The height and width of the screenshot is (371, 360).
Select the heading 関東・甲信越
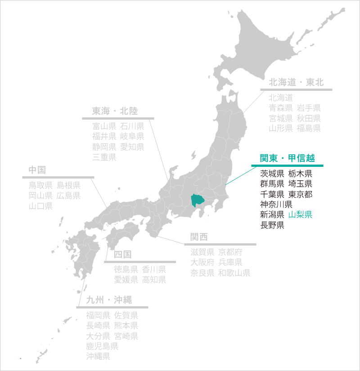click(287, 158)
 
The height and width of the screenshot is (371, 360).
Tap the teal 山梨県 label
click(300, 215)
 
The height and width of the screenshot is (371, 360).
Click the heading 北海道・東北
click(296, 82)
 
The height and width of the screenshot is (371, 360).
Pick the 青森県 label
click(281, 108)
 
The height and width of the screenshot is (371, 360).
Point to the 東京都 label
click(300, 194)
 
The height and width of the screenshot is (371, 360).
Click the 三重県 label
click(104, 157)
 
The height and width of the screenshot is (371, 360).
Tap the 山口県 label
click(40, 206)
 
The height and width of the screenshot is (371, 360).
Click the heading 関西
click(199, 237)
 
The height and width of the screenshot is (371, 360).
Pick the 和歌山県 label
click(234, 273)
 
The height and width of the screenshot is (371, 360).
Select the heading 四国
click(122, 255)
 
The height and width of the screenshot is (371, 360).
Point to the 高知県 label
click(154, 280)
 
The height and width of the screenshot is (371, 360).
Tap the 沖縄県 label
click(98, 357)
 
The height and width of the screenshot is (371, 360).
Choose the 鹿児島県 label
click(102, 346)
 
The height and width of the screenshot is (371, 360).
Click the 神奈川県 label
click(276, 204)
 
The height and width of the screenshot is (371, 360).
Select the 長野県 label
click(272, 225)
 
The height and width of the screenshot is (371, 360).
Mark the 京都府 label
click(230, 252)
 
